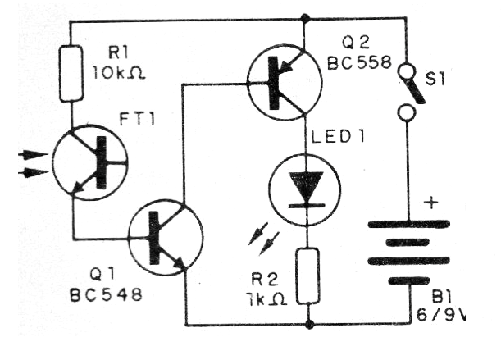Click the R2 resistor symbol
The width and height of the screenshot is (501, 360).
point(308,275)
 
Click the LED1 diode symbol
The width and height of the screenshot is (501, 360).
point(307,192)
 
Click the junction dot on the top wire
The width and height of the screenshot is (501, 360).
point(306,17)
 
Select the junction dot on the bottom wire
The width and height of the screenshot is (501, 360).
point(308,324)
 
